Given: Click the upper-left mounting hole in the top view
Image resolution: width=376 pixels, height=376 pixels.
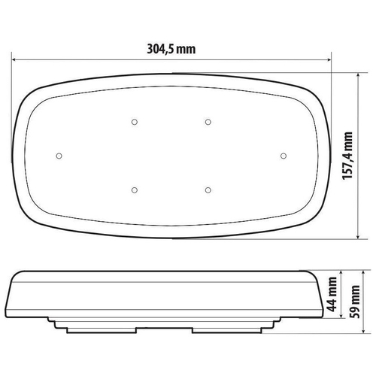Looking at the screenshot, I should coord(133,121).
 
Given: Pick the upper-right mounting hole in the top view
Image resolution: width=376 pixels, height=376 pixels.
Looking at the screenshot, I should coord(208,121).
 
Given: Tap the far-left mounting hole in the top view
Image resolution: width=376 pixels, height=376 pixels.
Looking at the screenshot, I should coord(59,155).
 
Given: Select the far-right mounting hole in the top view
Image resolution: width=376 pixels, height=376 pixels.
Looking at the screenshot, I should coord(284,155).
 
